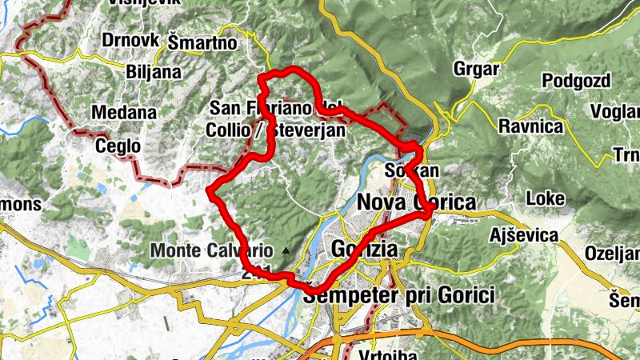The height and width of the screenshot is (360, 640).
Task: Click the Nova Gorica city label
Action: click(x=416, y=202)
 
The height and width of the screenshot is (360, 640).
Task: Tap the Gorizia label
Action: click(x=363, y=249)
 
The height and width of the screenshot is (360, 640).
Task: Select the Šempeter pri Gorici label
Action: click(x=400, y=294)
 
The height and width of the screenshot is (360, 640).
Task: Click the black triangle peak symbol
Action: click(x=286, y=250)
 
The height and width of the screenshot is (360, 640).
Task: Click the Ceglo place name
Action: click(x=118, y=146)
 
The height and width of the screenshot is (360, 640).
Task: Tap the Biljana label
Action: click(x=154, y=72)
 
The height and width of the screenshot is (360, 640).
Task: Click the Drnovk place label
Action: click(x=130, y=39)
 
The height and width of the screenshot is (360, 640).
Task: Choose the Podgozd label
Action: click(x=576, y=81)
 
